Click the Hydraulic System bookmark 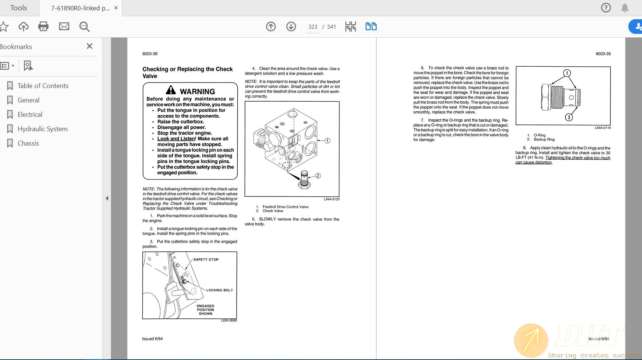[x=42, y=129]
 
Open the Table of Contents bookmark [x=43, y=86]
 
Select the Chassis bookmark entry [x=28, y=143]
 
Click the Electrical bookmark [x=30, y=115]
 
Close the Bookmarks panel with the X [x=89, y=46]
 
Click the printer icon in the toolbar [x=43, y=27]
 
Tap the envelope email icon [x=64, y=27]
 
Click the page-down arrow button [x=291, y=27]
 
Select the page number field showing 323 [x=313, y=27]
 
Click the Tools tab [x=18, y=8]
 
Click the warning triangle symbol [x=171, y=90]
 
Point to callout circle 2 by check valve [x=318, y=176]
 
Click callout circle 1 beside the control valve [x=327, y=140]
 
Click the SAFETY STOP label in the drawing [x=206, y=259]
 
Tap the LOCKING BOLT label [x=219, y=290]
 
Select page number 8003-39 [x=603, y=54]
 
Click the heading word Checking [x=155, y=69]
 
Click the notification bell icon [x=625, y=8]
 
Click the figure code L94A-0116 [x=603, y=128]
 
